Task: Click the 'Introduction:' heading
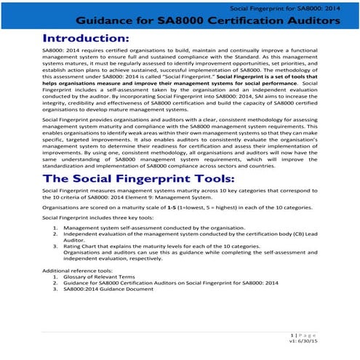(x=86, y=37)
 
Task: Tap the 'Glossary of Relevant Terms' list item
(x=102, y=276)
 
